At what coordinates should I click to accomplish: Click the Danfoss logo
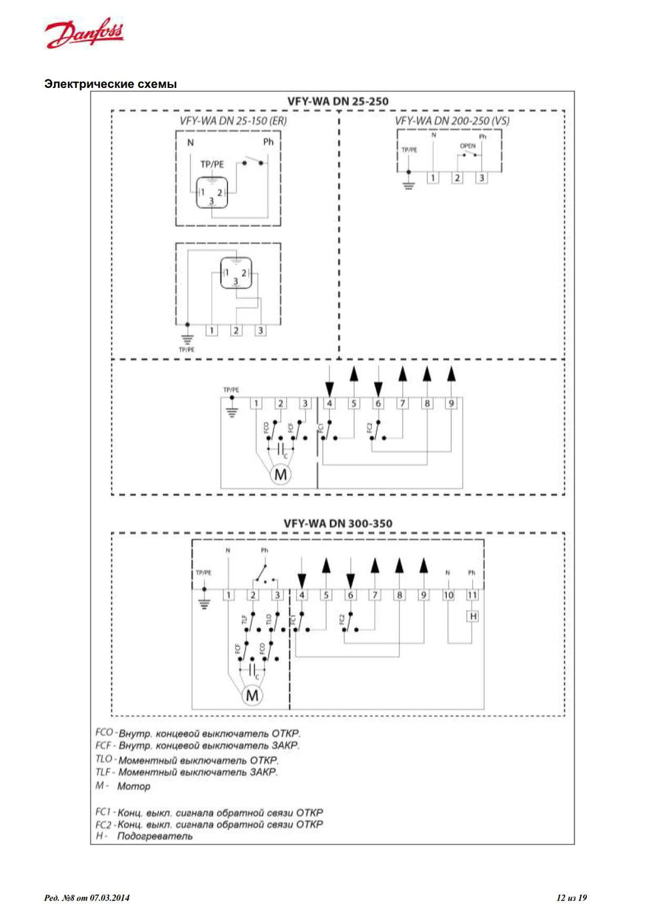pos(84,33)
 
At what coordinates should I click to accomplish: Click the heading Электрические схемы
pos(110,84)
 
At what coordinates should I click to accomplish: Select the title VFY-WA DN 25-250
pos(338,102)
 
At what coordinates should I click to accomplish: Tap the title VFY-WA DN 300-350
pos(338,523)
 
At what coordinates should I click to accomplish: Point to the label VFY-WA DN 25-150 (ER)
pos(233,121)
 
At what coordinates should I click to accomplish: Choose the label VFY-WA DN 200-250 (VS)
pos(452,121)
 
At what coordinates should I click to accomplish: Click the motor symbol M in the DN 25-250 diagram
pos(280,475)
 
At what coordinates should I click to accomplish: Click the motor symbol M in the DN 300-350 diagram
pos(252,695)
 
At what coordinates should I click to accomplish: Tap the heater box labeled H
pos(473,616)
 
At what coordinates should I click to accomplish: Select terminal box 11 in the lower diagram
pos(472,595)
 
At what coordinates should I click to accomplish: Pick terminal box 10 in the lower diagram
pos(449,595)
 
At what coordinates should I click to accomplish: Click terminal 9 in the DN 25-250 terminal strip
pos(451,404)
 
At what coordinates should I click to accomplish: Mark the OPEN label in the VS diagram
pos(467,146)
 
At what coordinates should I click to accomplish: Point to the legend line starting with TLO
pos(187,760)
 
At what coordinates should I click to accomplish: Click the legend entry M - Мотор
pos(123,786)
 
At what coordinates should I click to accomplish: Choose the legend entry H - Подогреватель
pos(144,836)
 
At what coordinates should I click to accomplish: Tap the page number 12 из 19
pos(571,898)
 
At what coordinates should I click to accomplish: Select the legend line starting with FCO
pos(198,733)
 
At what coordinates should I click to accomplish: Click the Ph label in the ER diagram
pos(268,142)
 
